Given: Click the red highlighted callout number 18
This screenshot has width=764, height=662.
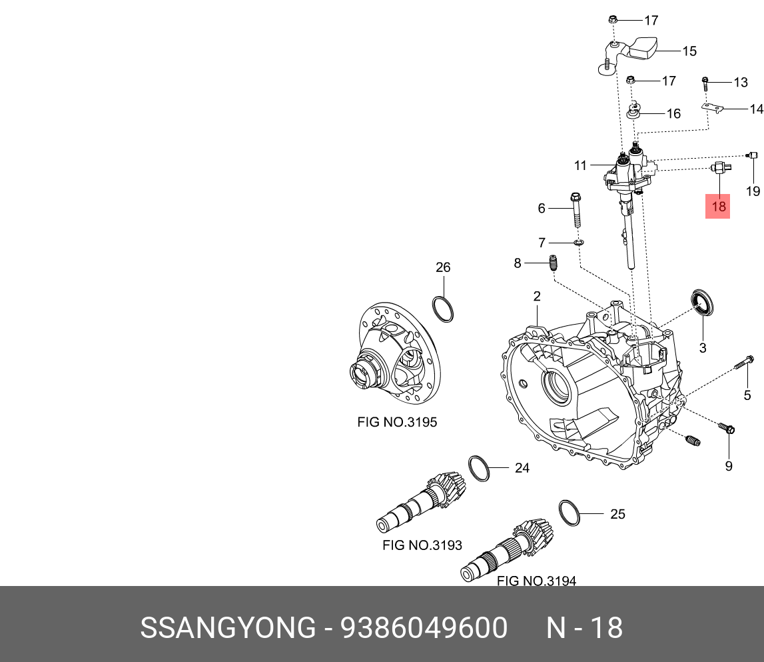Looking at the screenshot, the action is click(x=718, y=207).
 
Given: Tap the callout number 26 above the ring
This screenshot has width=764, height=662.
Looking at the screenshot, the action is click(x=443, y=267).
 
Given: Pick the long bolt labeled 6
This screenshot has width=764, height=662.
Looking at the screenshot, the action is click(x=575, y=209).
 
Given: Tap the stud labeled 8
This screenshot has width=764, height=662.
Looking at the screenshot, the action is click(x=552, y=263).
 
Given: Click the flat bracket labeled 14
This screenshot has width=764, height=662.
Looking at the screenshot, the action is click(x=714, y=107).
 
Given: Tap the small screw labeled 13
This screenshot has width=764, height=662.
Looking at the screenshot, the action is click(x=705, y=83).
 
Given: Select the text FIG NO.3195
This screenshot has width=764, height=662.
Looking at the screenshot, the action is click(x=397, y=422).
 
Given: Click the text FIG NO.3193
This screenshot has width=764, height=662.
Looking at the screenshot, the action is click(x=422, y=545).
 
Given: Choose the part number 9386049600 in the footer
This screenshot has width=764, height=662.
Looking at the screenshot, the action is click(x=424, y=628).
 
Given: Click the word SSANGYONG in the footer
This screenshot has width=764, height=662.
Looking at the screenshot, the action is click(x=228, y=628).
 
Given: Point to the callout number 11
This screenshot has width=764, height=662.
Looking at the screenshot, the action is click(x=580, y=165).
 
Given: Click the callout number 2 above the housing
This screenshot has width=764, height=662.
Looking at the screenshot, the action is click(x=537, y=296).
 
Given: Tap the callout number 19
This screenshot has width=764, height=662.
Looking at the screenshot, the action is click(x=753, y=191).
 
